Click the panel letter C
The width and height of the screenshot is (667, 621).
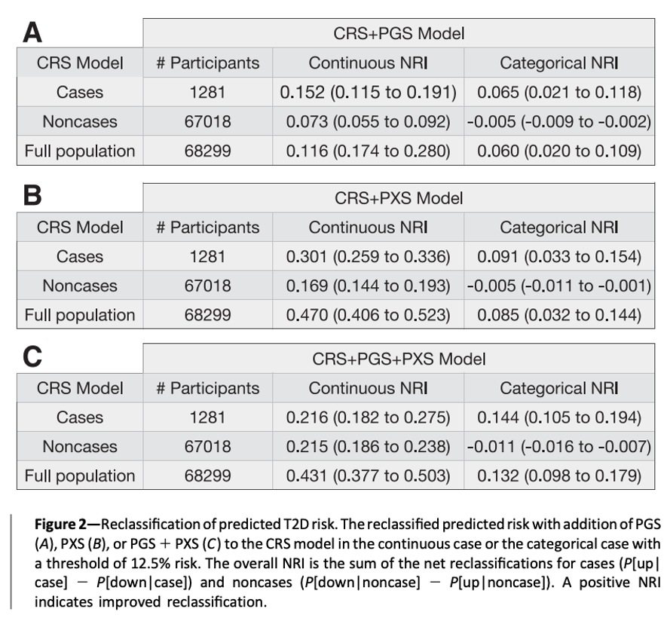tap(32, 357)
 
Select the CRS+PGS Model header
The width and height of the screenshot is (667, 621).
tap(398, 33)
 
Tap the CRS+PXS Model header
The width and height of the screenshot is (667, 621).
tap(398, 198)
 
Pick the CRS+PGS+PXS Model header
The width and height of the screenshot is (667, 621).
tap(398, 359)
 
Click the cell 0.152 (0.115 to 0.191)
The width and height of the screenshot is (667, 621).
tap(368, 93)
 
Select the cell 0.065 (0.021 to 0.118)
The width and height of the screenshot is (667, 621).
tap(558, 93)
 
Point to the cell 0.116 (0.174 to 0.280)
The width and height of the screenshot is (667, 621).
tap(368, 151)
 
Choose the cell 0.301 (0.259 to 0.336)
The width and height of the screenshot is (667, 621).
tap(368, 257)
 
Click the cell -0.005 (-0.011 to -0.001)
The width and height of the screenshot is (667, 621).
tap(558, 286)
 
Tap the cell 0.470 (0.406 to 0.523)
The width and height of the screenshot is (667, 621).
tap(368, 315)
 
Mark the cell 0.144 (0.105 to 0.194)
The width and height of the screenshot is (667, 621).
tap(558, 418)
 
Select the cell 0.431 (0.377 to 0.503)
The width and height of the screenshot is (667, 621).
tap(368, 476)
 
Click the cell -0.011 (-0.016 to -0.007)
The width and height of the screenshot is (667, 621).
tap(558, 447)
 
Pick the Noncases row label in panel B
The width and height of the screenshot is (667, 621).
tap(80, 286)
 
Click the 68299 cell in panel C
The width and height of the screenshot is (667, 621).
tap(207, 476)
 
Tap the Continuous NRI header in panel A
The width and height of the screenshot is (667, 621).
tap(368, 63)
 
